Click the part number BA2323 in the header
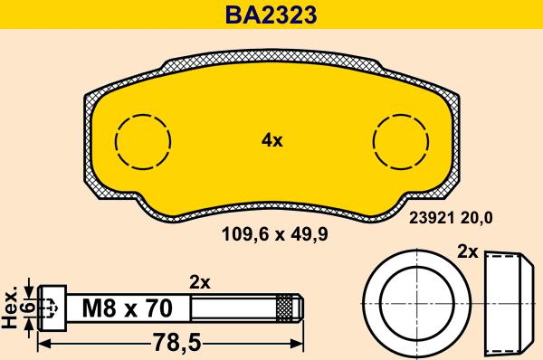click(x=271, y=14)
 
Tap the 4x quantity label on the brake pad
click(x=271, y=141)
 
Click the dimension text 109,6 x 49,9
click(x=274, y=234)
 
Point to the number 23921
click(x=432, y=218)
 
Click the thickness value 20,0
click(x=477, y=218)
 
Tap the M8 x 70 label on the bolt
click(x=127, y=308)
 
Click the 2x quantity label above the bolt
click(x=200, y=283)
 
